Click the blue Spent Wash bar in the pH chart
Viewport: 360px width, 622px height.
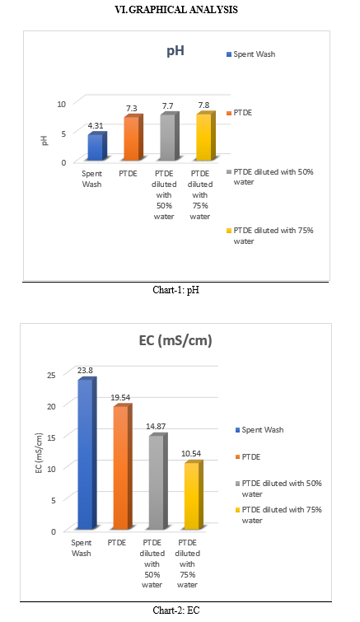[x=97, y=147]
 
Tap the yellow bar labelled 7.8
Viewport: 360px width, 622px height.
[x=206, y=137]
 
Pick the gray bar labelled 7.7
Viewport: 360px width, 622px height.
[x=170, y=137]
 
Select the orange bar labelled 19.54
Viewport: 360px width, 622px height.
[x=123, y=467]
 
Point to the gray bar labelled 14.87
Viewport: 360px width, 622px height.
[x=158, y=481]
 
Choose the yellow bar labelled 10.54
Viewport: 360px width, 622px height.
[x=194, y=495]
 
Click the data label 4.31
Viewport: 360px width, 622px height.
[x=96, y=126]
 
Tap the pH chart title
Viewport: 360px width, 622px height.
[x=175, y=51]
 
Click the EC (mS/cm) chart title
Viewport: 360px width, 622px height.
[x=175, y=340]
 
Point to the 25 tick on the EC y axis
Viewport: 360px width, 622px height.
[x=53, y=375]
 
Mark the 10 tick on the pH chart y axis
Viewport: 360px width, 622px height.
[x=61, y=104]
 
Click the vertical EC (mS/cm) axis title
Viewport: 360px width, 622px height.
[x=39, y=453]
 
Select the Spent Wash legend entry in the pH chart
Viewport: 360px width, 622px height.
[x=251, y=54]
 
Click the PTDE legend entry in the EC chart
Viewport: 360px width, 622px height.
[x=248, y=457]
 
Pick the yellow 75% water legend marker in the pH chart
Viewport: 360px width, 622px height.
[x=229, y=231]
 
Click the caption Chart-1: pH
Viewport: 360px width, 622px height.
[x=176, y=290]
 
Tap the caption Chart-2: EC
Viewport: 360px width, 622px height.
[x=176, y=610]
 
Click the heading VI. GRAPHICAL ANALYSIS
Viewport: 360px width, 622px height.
[x=176, y=10]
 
